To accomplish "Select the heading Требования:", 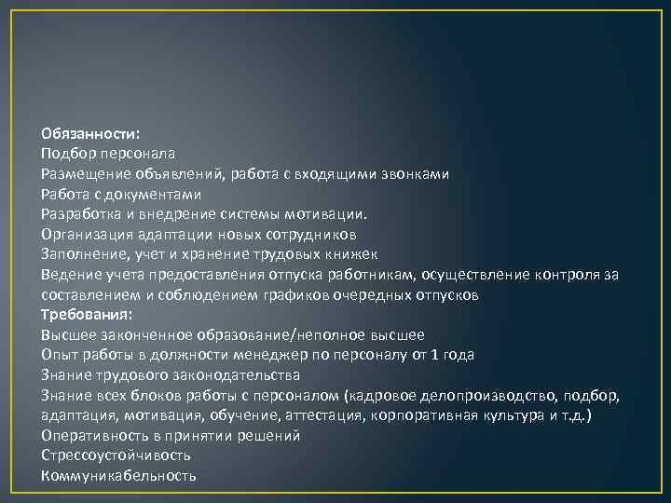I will point(87,315).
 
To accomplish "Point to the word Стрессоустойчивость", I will point(116,455).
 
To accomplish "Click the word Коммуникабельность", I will point(119,476).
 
